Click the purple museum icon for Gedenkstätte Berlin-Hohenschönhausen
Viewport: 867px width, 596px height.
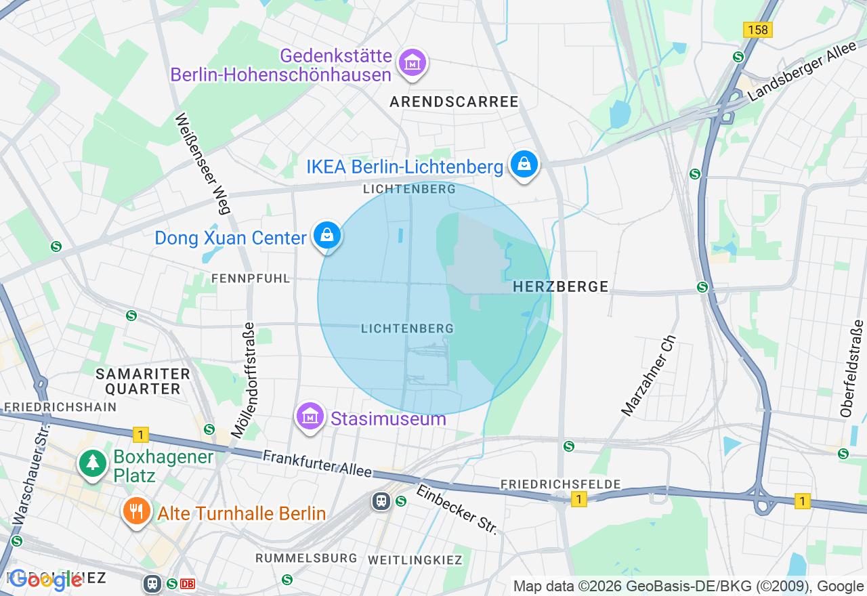point(411,62)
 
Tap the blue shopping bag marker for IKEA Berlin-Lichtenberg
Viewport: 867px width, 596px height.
point(524,165)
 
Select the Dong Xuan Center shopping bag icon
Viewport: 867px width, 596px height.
point(327,236)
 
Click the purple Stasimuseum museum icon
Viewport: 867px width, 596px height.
point(310,417)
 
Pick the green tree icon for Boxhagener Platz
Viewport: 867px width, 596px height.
point(92,463)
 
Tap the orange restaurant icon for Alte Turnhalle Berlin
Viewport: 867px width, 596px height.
point(137,511)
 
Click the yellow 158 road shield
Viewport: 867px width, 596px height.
point(757,30)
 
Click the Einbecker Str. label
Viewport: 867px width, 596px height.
point(457,509)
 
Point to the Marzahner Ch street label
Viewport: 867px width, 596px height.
point(648,375)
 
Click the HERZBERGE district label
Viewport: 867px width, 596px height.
point(560,286)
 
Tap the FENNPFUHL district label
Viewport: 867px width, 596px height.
point(251,278)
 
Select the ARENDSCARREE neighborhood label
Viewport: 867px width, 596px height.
point(454,102)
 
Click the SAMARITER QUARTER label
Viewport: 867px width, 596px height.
point(143,381)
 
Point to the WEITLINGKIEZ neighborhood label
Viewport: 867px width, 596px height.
point(415,560)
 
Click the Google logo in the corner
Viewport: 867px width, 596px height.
point(46,580)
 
